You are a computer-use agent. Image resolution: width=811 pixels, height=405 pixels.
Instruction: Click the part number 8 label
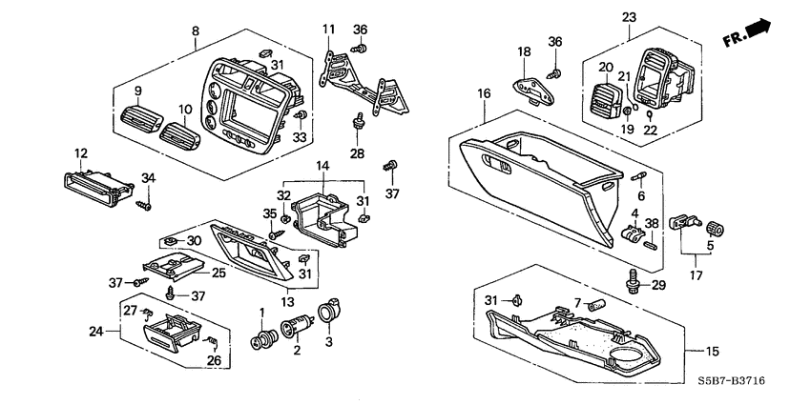click(x=196, y=30)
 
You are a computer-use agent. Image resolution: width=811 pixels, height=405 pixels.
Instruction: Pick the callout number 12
click(x=81, y=152)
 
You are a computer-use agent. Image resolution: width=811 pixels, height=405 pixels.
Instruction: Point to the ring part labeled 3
click(x=330, y=312)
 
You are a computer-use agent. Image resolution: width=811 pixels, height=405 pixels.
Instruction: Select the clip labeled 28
click(x=359, y=123)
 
